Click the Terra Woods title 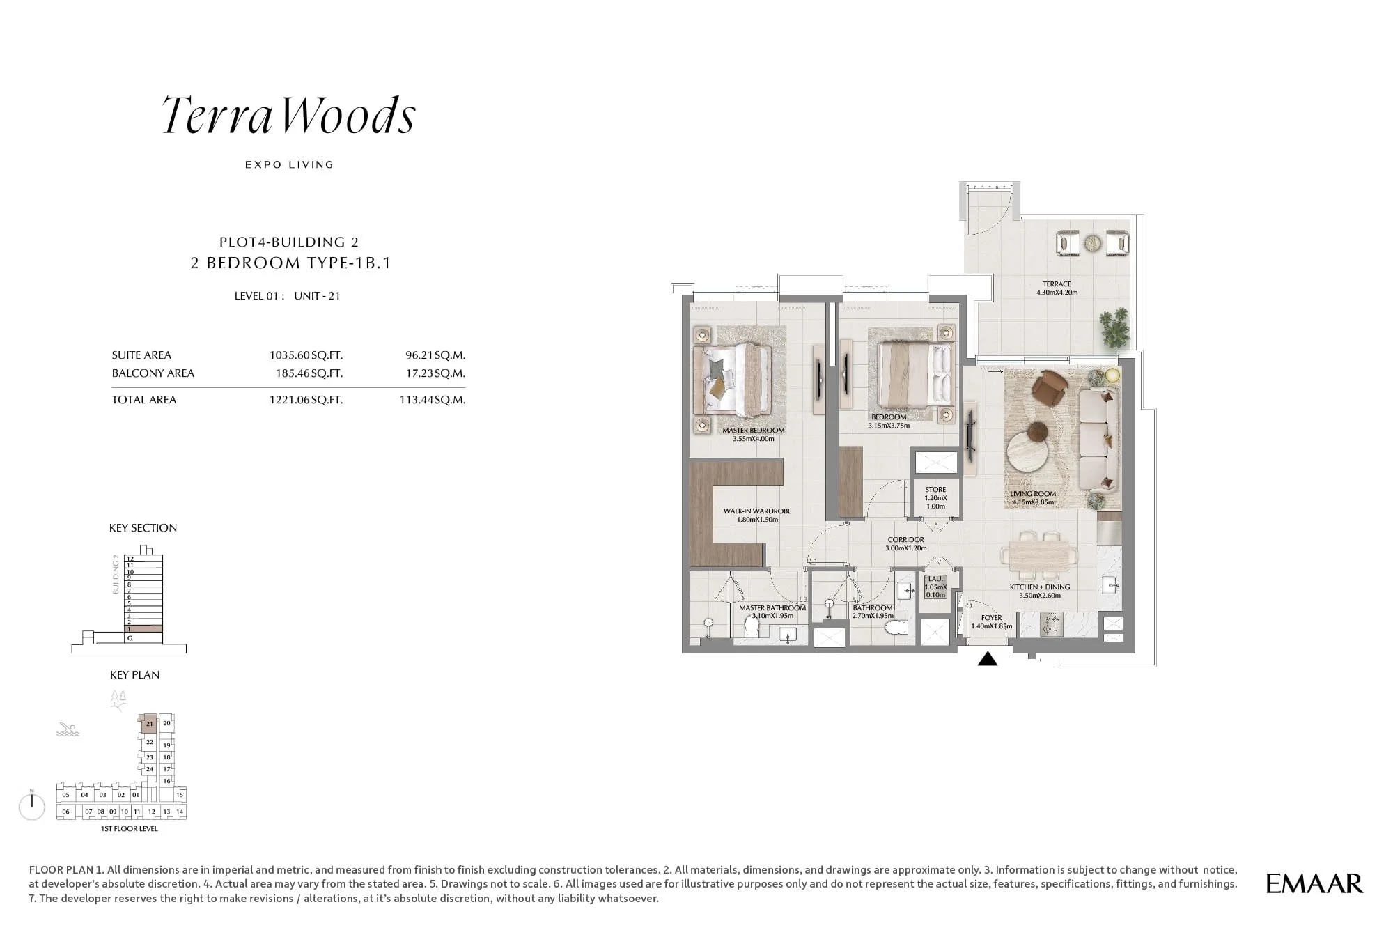tap(288, 116)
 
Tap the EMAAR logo tap(1314, 883)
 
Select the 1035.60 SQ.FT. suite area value tap(306, 355)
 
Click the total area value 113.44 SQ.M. tap(432, 400)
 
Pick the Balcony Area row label tap(153, 373)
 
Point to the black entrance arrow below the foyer tap(987, 658)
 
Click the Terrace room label tap(1057, 284)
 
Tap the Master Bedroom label tap(753, 431)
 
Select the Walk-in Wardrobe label tap(756, 511)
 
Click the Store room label tap(935, 490)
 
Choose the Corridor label tap(905, 540)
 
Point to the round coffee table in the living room tap(1029, 452)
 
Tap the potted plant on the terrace tap(1114, 327)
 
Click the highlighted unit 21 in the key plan tap(149, 724)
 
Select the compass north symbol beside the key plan tap(32, 806)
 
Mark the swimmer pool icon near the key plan tap(68, 730)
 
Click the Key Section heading tap(143, 528)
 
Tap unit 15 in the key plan tap(180, 795)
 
